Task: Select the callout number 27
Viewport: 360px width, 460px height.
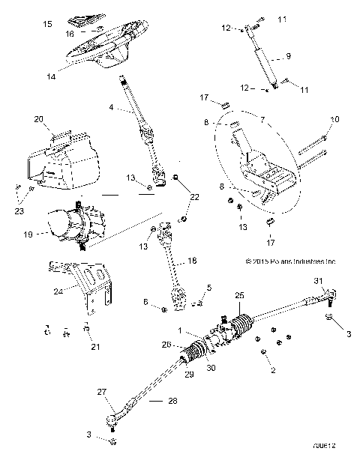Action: [x=101, y=391]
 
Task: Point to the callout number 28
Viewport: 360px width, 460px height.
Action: [x=174, y=402]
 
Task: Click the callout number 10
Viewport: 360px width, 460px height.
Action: [x=334, y=118]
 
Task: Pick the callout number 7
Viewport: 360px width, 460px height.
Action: [x=262, y=120]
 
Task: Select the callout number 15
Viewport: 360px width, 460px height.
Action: [x=47, y=25]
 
